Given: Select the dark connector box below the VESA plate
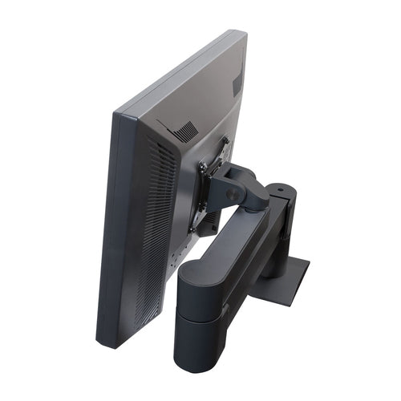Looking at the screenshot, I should click(207, 221).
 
